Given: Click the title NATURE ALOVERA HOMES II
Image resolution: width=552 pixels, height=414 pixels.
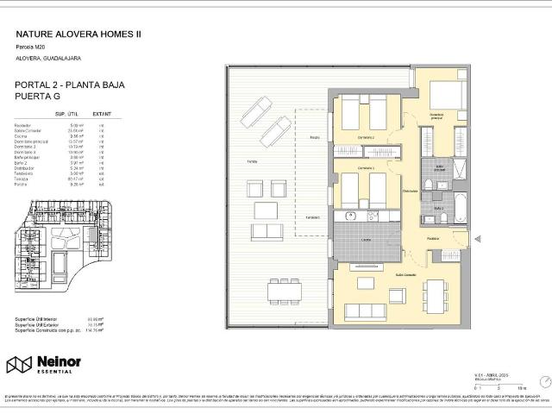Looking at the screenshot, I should tap(79, 34).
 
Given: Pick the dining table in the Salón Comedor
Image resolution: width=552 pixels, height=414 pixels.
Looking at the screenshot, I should tap(430, 297).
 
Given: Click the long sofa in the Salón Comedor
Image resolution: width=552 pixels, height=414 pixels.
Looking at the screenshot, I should tap(370, 310).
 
